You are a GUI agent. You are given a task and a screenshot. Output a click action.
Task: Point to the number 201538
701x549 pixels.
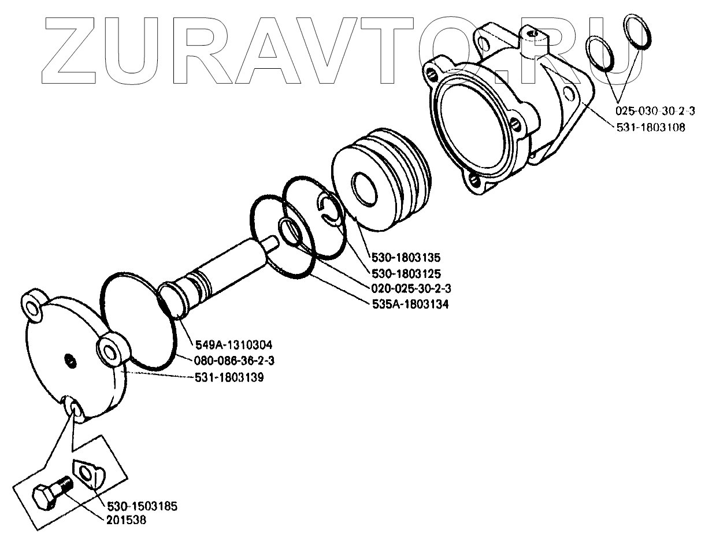[126, 520]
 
